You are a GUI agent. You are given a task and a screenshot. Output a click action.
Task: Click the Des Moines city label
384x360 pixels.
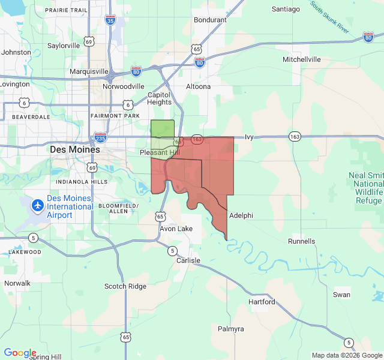75,149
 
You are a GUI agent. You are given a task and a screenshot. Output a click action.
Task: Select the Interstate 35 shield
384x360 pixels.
110,20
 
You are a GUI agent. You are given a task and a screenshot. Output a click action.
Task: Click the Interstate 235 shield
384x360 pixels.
100,138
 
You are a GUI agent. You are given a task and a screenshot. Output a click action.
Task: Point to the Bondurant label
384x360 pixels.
210,20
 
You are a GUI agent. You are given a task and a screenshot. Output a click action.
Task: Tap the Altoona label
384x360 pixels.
198,86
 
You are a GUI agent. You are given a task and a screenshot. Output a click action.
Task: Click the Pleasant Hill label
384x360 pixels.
159,153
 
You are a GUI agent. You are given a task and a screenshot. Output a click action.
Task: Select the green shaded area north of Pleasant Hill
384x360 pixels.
162,128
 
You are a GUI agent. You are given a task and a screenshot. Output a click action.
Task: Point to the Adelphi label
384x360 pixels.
241,215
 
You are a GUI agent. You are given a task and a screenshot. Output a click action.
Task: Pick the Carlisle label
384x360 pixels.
188,260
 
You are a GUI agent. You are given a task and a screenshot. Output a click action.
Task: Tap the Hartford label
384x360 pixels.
262,302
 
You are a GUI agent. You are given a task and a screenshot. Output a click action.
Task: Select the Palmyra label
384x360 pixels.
231,329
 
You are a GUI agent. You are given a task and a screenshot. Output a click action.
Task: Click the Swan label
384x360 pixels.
341,295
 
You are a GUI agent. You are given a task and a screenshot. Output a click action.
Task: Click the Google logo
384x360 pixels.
20,353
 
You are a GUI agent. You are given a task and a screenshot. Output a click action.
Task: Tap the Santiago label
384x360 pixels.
286,9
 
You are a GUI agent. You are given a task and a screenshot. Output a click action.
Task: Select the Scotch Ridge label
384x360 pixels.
125,286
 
